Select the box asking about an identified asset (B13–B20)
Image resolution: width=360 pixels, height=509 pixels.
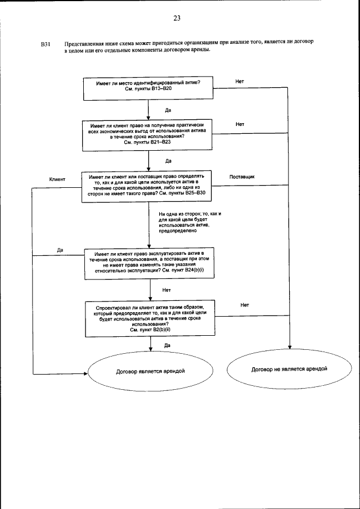pos(148,86)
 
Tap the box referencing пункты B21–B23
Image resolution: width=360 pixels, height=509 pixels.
pos(147,133)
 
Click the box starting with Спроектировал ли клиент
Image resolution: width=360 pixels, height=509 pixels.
pos(148,319)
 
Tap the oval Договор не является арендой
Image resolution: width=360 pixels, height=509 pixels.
pos(290,370)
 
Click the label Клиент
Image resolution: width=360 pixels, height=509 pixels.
pos(58,179)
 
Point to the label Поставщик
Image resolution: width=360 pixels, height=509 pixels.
pos(242,177)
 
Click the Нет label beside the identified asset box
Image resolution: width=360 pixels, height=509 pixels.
pos(240,82)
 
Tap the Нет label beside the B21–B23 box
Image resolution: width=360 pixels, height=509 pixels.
pos(240,124)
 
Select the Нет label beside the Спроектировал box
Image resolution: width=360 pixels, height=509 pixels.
pos(244,305)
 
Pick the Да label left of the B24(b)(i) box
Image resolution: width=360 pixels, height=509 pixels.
pos(60,249)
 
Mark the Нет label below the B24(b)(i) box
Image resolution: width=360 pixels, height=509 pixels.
pos(166,290)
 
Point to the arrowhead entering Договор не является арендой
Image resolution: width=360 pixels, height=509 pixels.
pos(290,351)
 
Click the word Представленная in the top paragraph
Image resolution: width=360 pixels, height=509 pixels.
pos(84,43)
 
